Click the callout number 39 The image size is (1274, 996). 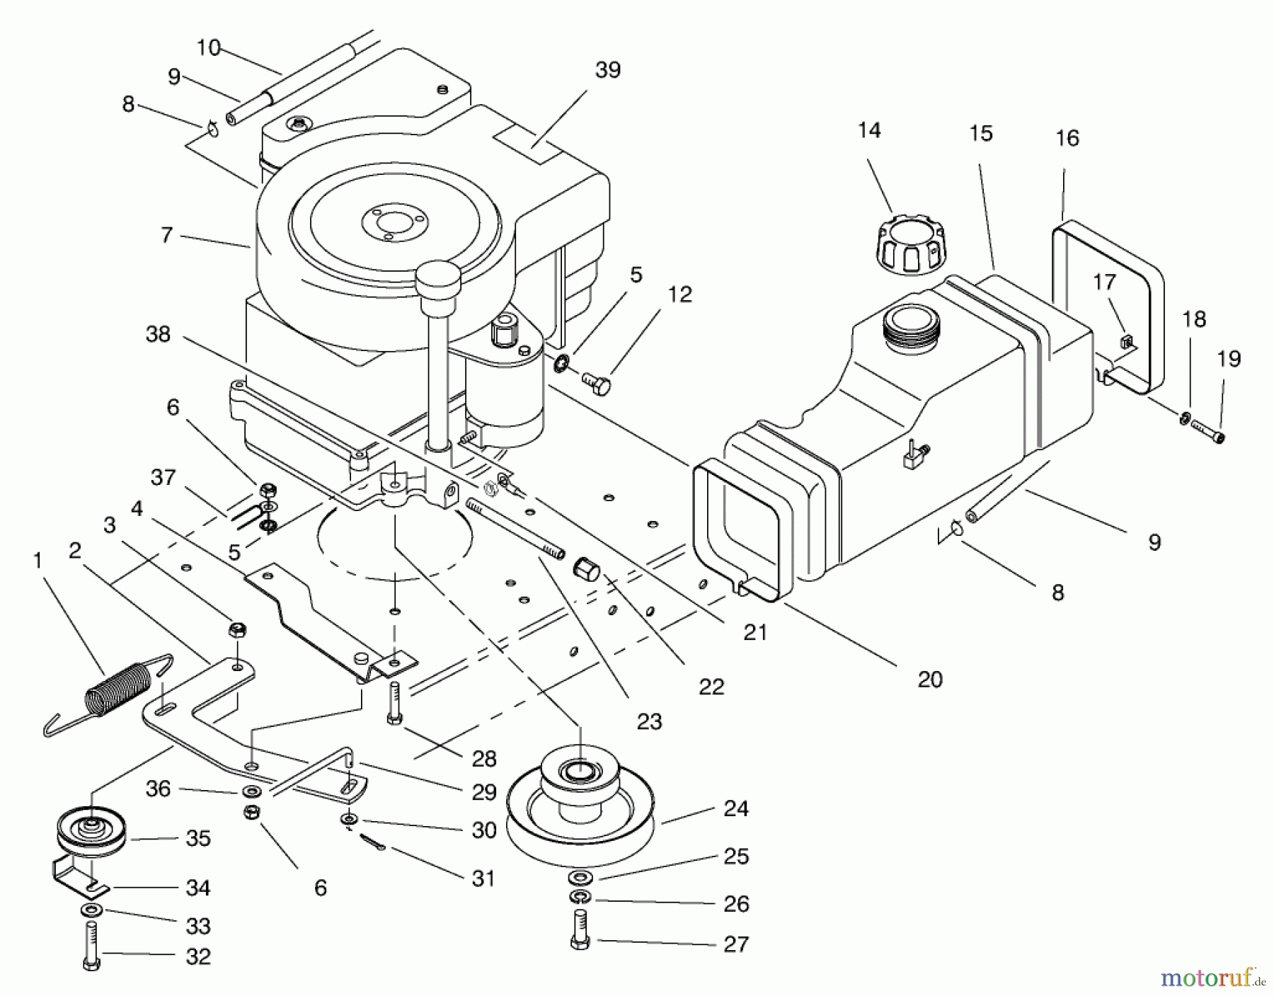607,69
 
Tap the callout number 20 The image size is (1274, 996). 930,679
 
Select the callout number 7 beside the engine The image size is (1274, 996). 166,234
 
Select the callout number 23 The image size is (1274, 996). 649,721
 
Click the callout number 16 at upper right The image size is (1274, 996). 1067,138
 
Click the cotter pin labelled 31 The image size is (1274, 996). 372,842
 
